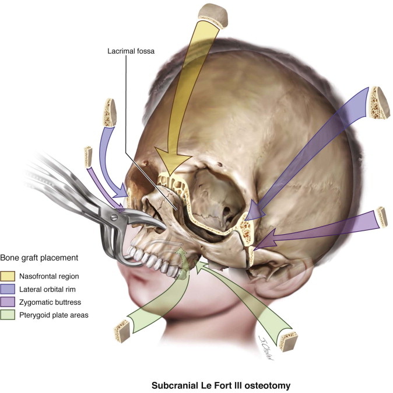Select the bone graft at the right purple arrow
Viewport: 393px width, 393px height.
(383, 217)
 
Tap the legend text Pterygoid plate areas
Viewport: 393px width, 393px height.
(62, 315)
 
